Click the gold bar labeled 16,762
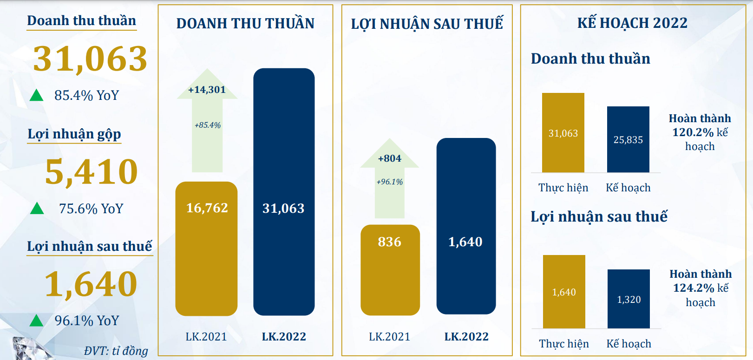206,249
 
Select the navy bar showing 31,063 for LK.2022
284,192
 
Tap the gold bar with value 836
390,269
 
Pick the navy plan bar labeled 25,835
628,139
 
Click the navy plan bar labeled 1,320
629,299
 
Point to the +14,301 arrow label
207,90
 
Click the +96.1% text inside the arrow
389,182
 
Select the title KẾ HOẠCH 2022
632,23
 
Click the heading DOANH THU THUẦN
245,23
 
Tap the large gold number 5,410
92,172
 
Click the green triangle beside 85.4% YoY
36,95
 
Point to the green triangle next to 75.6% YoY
37,209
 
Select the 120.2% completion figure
693,132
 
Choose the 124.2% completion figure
694,288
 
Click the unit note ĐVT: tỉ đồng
116,351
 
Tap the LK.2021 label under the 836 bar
389,337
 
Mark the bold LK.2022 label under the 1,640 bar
466,337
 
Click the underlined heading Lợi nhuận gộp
74,134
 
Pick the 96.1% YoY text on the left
87,321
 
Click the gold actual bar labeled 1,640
564,292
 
